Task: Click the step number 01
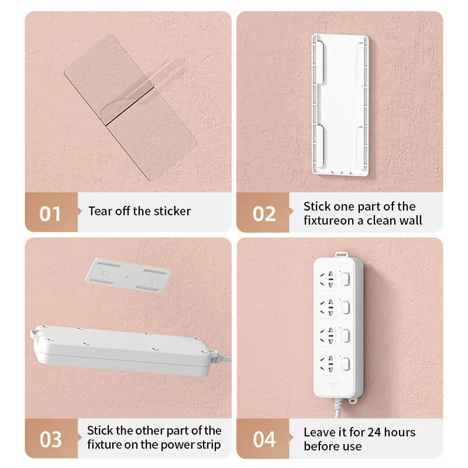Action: tap(50, 214)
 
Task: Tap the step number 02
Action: tap(264, 214)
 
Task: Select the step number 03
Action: tap(50, 439)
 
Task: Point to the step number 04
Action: tap(264, 439)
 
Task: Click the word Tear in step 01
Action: tap(100, 211)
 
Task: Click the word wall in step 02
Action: tap(410, 221)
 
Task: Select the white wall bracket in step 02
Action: tap(340, 105)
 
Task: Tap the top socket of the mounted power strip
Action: tap(327, 279)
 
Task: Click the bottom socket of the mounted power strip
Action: tap(327, 363)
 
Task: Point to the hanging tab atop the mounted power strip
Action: tap(339, 254)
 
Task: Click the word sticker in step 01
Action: tap(172, 211)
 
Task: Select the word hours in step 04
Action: tap(400, 433)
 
